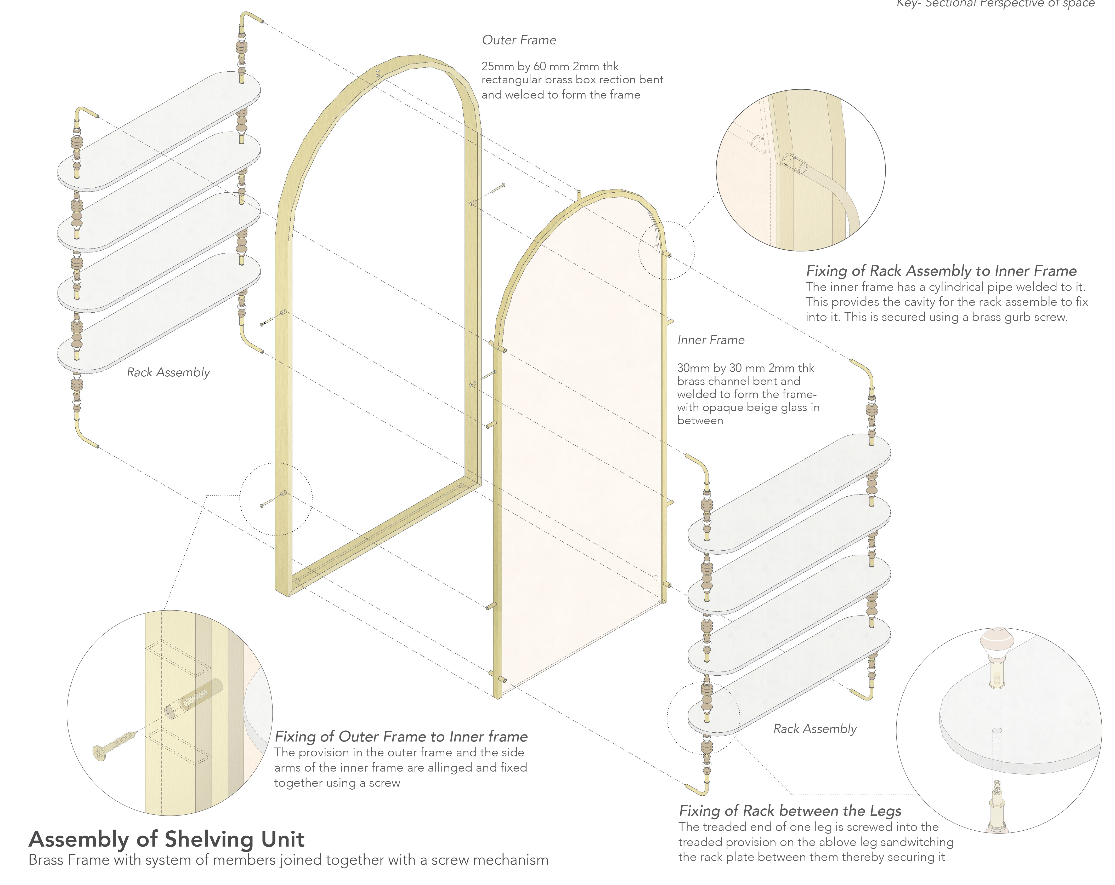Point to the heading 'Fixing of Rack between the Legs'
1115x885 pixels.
(x=790, y=811)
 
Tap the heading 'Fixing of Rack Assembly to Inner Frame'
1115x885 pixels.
(x=941, y=271)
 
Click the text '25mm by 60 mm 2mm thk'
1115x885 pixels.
(x=550, y=67)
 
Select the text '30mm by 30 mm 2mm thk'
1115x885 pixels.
(x=746, y=368)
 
